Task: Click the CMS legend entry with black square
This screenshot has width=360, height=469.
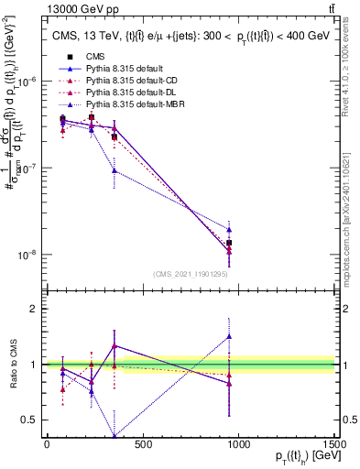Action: point(93,58)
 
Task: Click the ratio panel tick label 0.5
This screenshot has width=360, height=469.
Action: point(27,420)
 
